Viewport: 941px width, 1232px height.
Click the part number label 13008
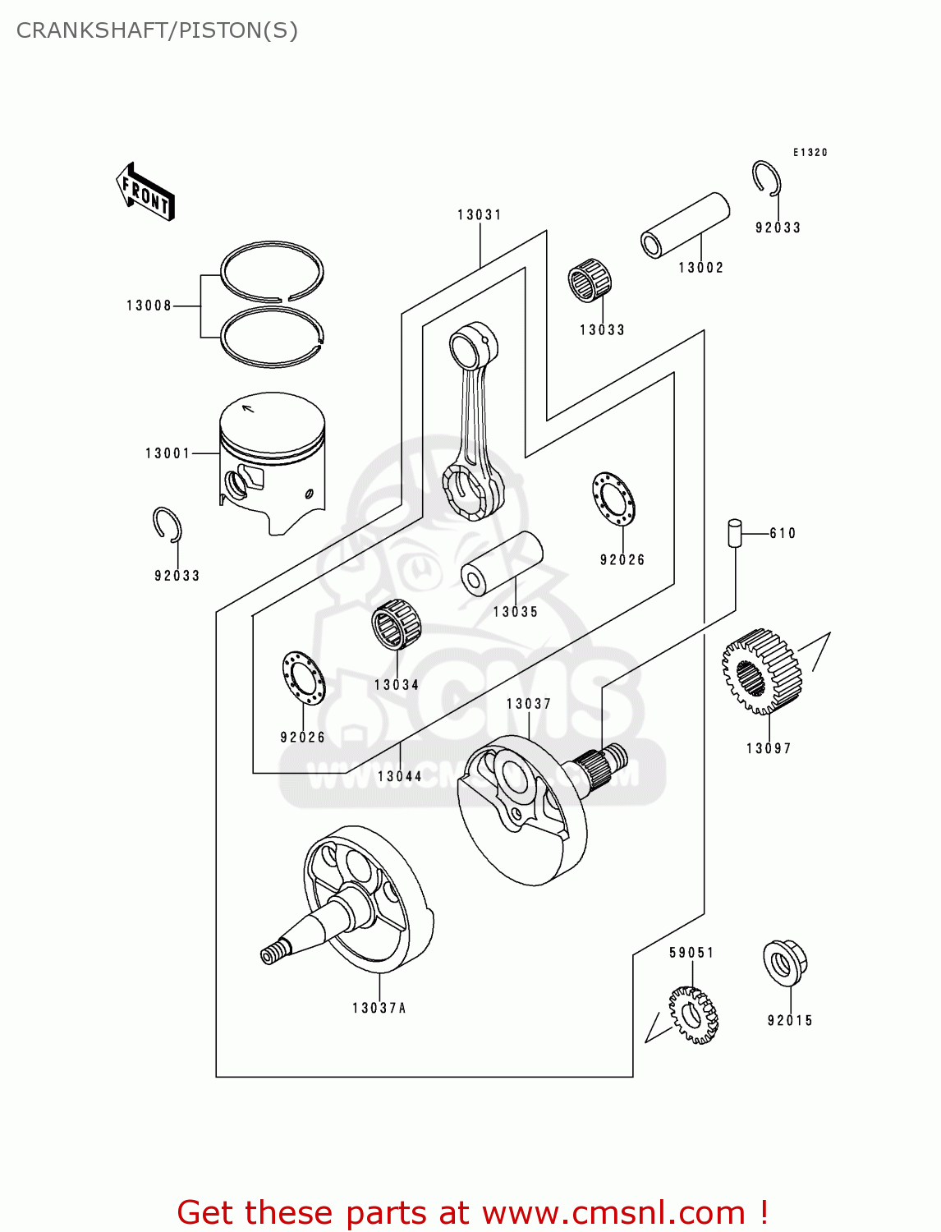(x=149, y=306)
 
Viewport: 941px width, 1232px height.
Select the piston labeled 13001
(x=272, y=460)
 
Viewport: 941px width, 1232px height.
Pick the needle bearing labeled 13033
(x=590, y=280)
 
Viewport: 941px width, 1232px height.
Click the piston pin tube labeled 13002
(x=685, y=224)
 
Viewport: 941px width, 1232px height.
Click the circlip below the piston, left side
(x=168, y=525)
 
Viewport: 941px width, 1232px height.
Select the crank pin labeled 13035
(x=502, y=563)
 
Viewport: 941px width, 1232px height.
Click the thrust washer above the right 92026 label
(x=613, y=499)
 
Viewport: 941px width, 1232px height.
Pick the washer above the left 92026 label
(x=303, y=678)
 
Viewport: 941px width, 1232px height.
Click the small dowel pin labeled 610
(x=734, y=532)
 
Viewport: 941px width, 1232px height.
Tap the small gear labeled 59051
(x=693, y=1015)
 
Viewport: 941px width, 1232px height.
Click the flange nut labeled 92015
(x=785, y=963)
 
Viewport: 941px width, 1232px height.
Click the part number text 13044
(x=400, y=776)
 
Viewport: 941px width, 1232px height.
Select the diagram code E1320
(x=810, y=153)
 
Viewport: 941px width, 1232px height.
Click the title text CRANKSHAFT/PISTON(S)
(x=157, y=30)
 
